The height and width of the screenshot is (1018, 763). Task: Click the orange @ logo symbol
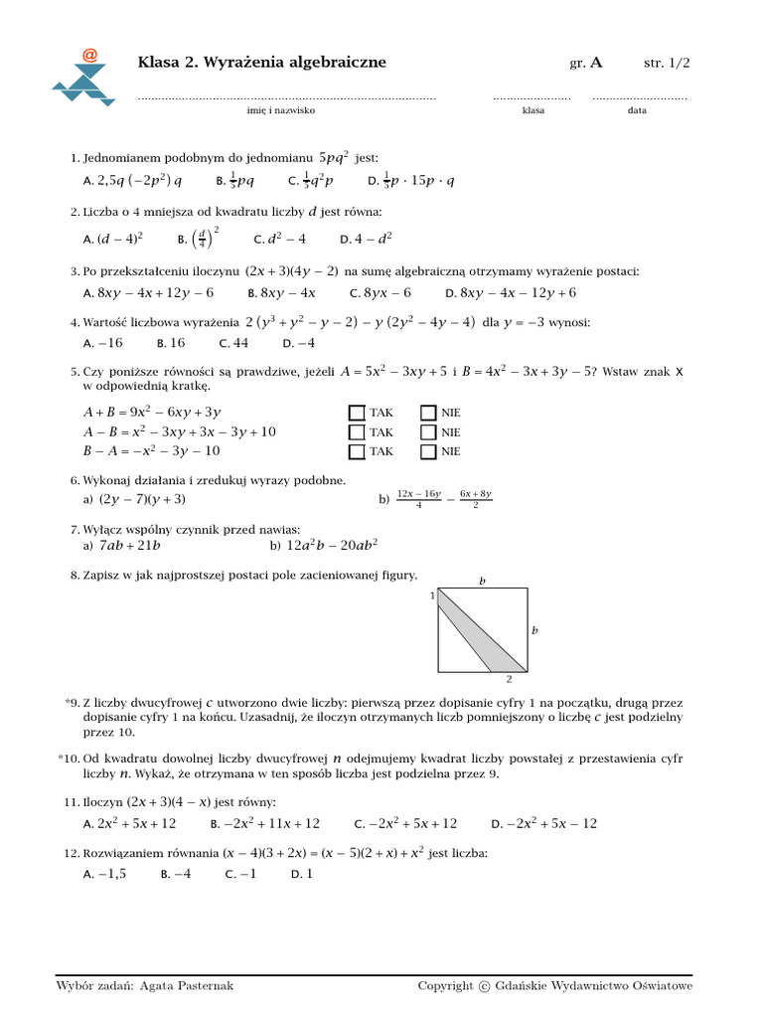pyautogui.click(x=90, y=56)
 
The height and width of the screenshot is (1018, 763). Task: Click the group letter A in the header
pyautogui.click(x=596, y=63)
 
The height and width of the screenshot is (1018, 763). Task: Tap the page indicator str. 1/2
pyautogui.click(x=667, y=63)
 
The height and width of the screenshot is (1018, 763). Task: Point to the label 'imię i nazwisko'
pyautogui.click(x=281, y=110)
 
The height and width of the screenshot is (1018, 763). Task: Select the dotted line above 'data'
pyautogui.click(x=639, y=98)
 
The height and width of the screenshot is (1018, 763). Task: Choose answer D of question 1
pyautogui.click(x=410, y=181)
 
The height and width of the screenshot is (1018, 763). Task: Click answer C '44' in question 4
pyautogui.click(x=233, y=343)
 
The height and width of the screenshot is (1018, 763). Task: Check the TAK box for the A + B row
pyautogui.click(x=356, y=413)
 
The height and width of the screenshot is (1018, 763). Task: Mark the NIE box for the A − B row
pyautogui.click(x=428, y=432)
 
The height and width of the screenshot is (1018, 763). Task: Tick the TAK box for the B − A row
pyautogui.click(x=356, y=451)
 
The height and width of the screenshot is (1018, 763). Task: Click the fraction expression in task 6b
pyautogui.click(x=444, y=499)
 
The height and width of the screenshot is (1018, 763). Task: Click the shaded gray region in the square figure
pyautogui.click(x=481, y=635)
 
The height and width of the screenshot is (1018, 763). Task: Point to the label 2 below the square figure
pyautogui.click(x=509, y=680)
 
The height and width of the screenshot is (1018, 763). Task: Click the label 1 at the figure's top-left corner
pyautogui.click(x=432, y=595)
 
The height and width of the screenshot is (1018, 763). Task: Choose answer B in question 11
pyautogui.click(x=265, y=823)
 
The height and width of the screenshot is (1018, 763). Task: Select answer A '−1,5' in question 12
pyautogui.click(x=105, y=874)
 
